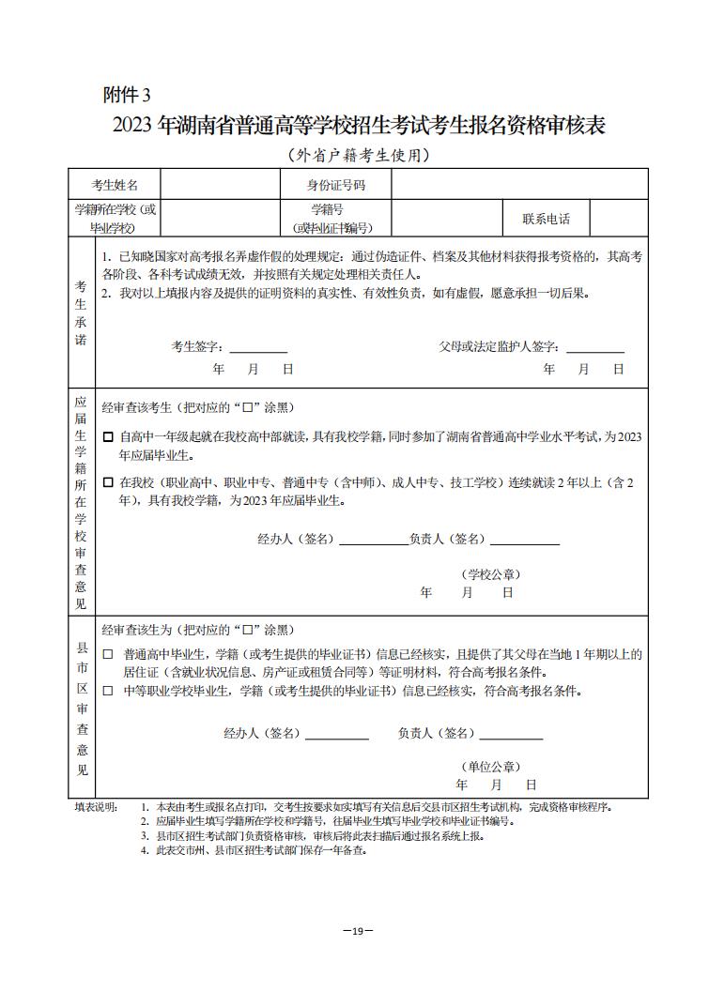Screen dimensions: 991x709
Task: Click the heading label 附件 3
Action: (x=126, y=95)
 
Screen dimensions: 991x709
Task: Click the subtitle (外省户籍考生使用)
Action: (x=358, y=155)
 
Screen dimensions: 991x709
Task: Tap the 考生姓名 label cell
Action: (x=115, y=185)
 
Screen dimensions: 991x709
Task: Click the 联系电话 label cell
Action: (x=546, y=219)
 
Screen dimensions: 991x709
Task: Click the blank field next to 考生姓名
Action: (x=222, y=185)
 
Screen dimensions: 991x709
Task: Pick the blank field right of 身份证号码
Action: (x=518, y=185)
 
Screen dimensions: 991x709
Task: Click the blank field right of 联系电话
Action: (x=618, y=219)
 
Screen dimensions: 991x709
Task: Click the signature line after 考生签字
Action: (x=258, y=349)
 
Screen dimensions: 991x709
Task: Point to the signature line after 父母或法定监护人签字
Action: (x=595, y=349)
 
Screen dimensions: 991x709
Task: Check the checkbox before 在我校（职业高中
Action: (x=108, y=482)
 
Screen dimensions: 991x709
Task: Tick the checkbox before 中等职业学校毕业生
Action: (x=107, y=692)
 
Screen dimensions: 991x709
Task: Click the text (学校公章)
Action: (x=491, y=574)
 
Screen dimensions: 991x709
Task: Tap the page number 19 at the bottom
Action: (x=358, y=930)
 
